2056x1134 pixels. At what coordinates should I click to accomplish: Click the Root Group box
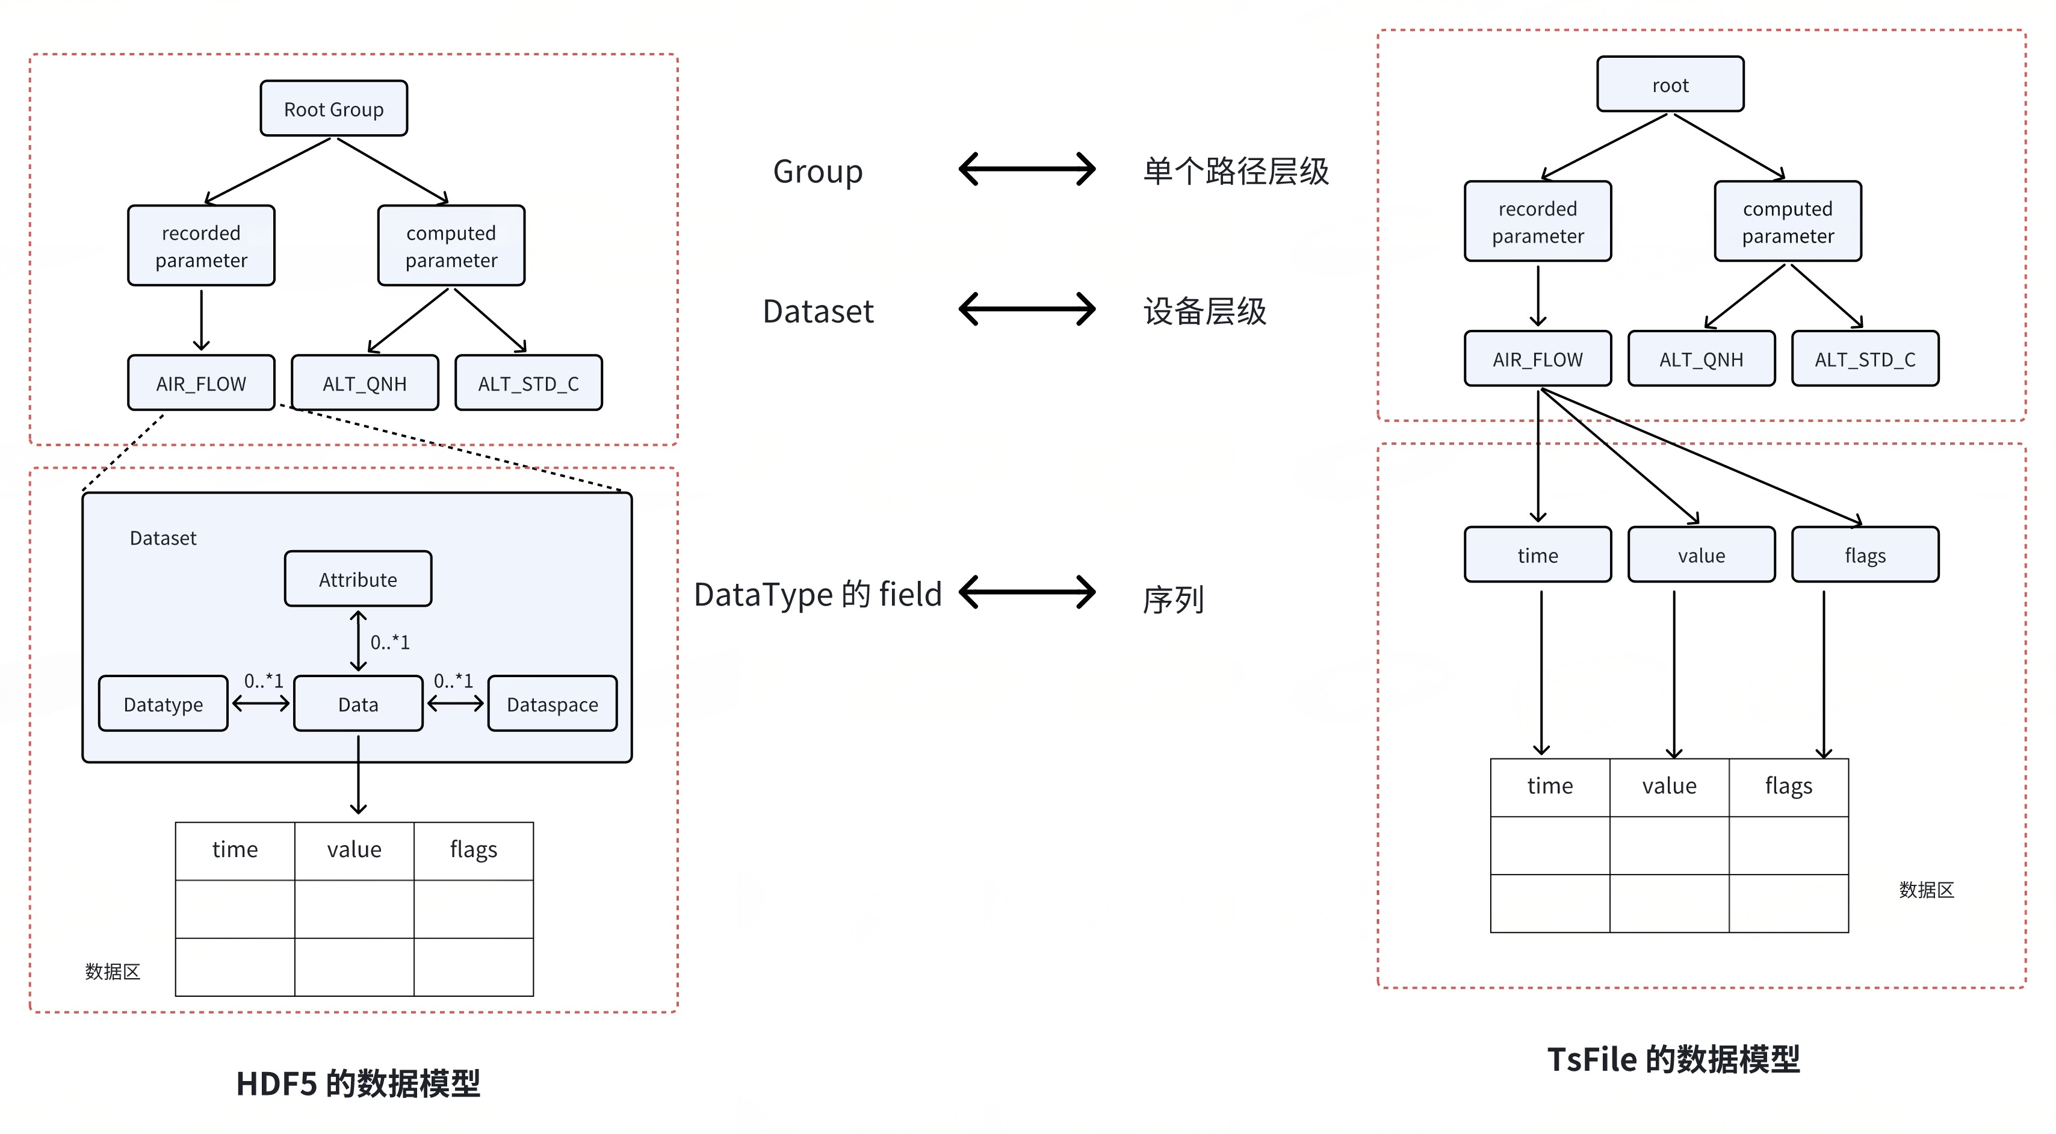[x=333, y=108]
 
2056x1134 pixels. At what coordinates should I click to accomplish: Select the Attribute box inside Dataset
[x=358, y=580]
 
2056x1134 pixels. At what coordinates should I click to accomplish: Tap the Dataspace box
[x=553, y=704]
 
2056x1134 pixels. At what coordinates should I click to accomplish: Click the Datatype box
[x=163, y=704]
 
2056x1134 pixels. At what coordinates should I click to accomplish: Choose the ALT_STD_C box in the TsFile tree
[x=1865, y=359]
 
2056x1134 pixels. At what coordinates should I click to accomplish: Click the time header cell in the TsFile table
[x=1549, y=787]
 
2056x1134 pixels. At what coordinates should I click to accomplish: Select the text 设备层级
[x=1204, y=311]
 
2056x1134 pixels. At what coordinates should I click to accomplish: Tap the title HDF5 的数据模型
[x=358, y=1083]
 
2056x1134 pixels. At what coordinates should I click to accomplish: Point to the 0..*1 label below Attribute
[x=389, y=642]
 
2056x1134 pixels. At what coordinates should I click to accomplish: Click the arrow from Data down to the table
[x=358, y=774]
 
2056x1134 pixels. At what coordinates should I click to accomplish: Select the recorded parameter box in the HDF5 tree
[x=201, y=246]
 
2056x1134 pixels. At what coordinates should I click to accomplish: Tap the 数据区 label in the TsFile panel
[x=1926, y=890]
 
